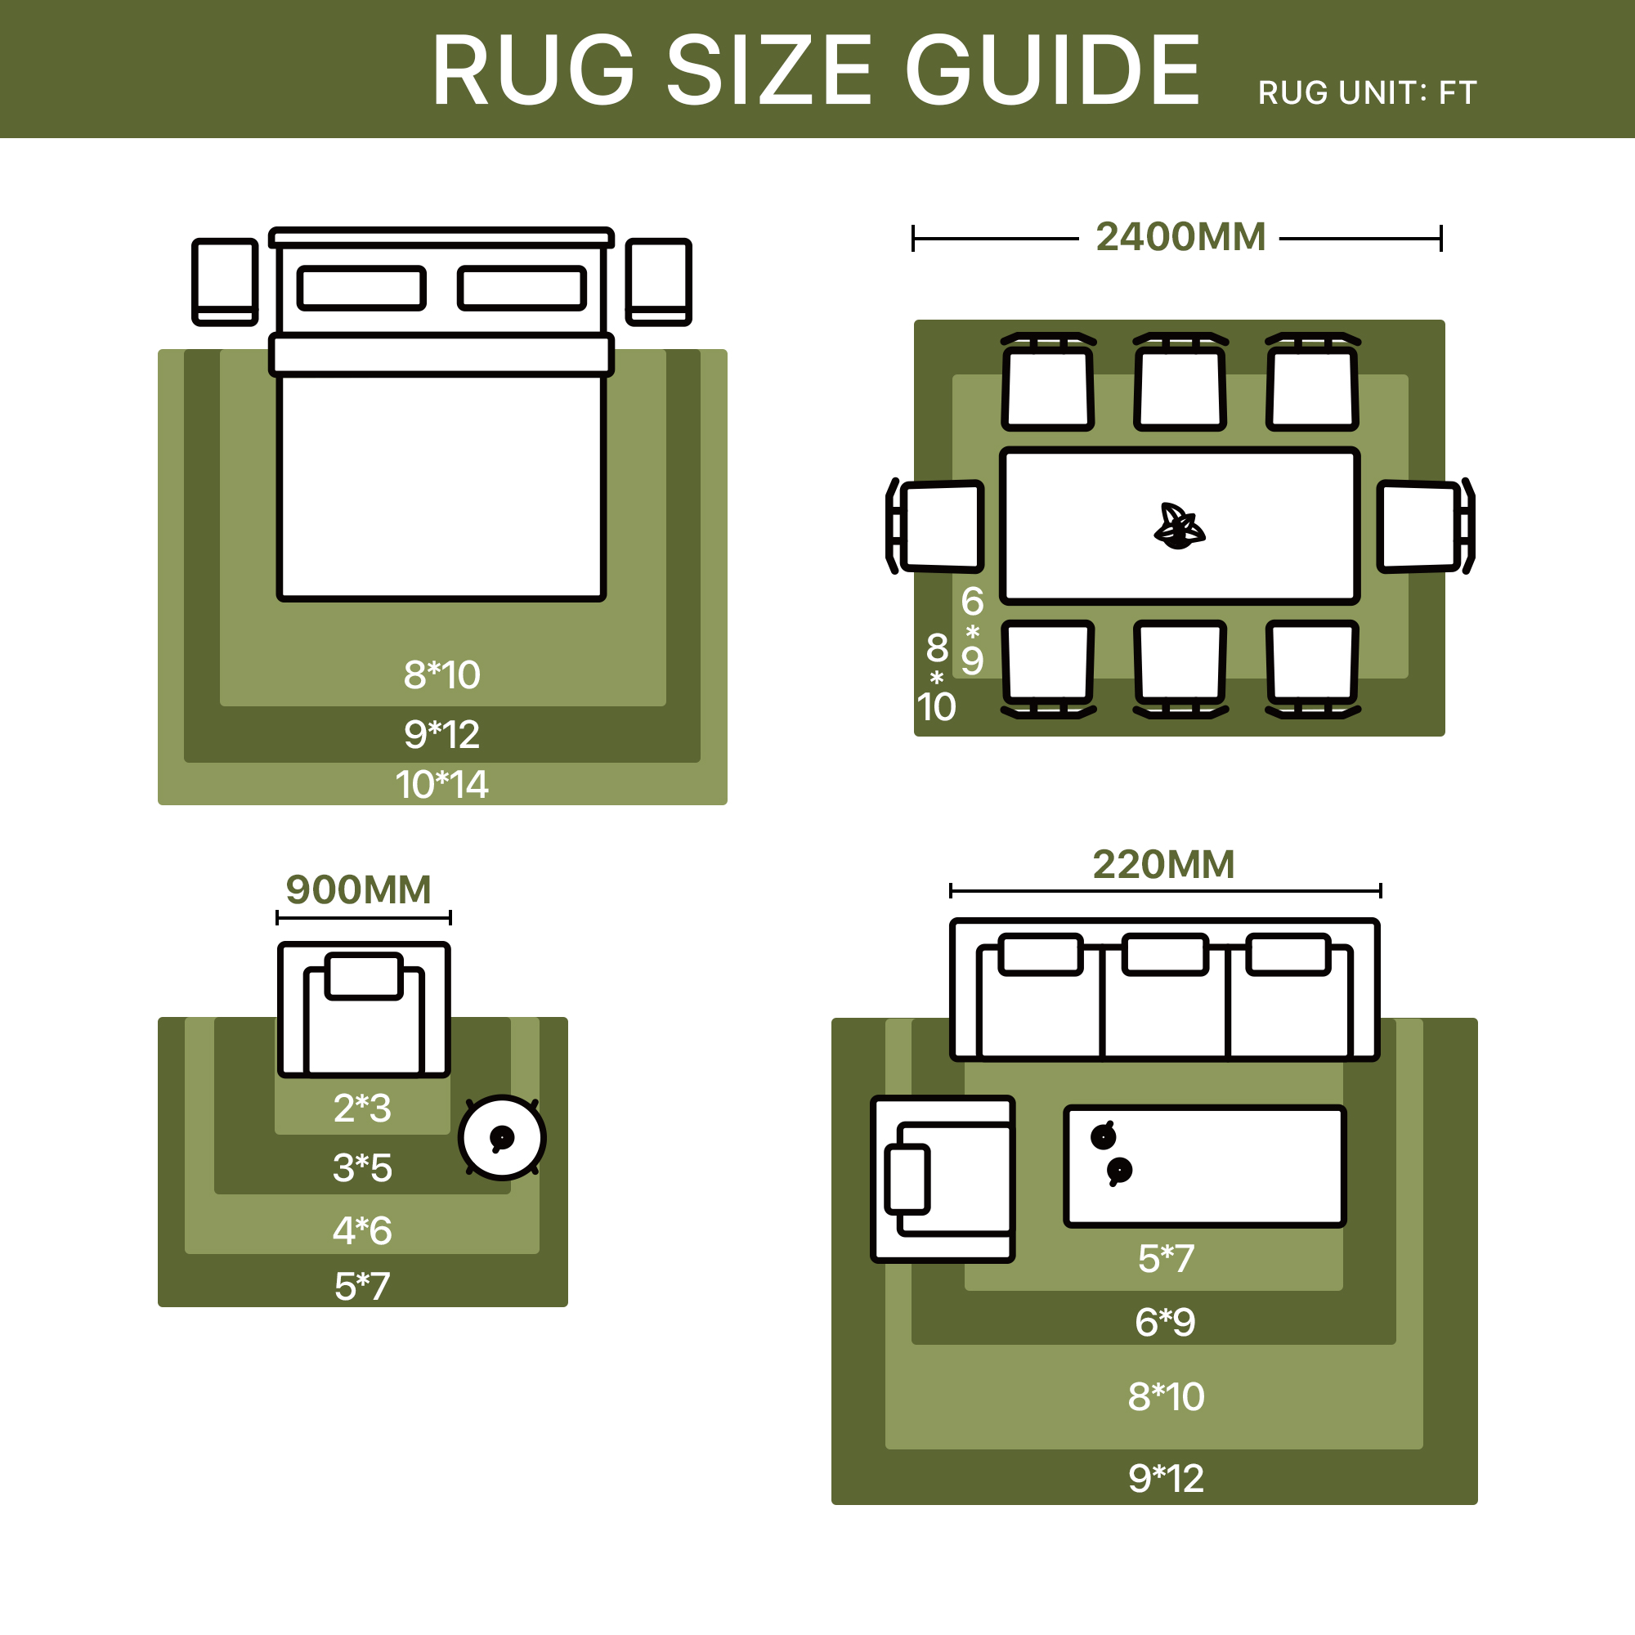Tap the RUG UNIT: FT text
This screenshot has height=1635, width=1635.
point(1367,93)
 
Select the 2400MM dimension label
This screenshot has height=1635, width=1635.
point(1180,237)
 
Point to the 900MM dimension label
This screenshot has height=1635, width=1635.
point(359,890)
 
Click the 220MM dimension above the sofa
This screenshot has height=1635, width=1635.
point(1163,865)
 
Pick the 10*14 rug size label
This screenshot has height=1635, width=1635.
point(441,785)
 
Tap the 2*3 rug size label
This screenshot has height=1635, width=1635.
point(362,1108)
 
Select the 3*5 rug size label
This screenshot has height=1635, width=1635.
point(362,1168)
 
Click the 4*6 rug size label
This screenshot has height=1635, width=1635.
point(362,1230)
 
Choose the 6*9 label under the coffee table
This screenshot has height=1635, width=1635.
point(1165,1322)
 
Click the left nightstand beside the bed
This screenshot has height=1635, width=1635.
point(225,282)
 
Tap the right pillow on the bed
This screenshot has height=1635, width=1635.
point(522,288)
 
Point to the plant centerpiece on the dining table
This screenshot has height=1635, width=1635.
point(1180,526)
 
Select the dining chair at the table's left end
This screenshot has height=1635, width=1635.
point(934,526)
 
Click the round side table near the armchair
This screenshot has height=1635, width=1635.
point(502,1137)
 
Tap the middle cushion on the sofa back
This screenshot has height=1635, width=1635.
point(1165,955)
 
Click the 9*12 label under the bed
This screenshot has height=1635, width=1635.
point(441,735)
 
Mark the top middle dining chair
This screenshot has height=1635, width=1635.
point(1180,382)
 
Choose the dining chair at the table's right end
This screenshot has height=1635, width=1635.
point(1426,526)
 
